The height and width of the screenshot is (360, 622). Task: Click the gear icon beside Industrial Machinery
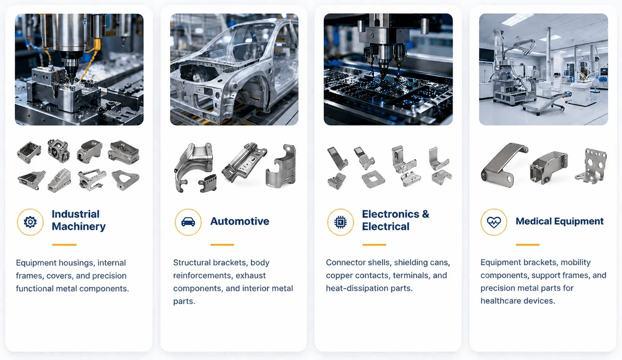pos(30,222)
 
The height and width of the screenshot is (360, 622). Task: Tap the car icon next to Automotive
pos(188,222)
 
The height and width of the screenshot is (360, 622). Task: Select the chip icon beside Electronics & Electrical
pos(340,222)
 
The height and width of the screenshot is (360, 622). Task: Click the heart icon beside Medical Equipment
pos(493,222)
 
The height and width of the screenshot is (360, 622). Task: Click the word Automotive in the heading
pos(239,221)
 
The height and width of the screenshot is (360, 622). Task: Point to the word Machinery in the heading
pos(79,227)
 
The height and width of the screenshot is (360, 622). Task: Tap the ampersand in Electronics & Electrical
pos(426,214)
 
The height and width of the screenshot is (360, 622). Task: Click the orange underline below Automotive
pos(222,245)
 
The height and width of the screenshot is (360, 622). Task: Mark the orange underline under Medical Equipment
pos(528,245)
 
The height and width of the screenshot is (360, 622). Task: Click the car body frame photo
pos(234,70)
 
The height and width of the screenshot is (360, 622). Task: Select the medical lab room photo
pos(543,70)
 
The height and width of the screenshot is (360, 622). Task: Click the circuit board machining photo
pos(388,70)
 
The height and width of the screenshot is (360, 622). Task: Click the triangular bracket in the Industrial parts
pos(125,179)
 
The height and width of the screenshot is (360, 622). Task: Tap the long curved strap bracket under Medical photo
pos(504,165)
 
